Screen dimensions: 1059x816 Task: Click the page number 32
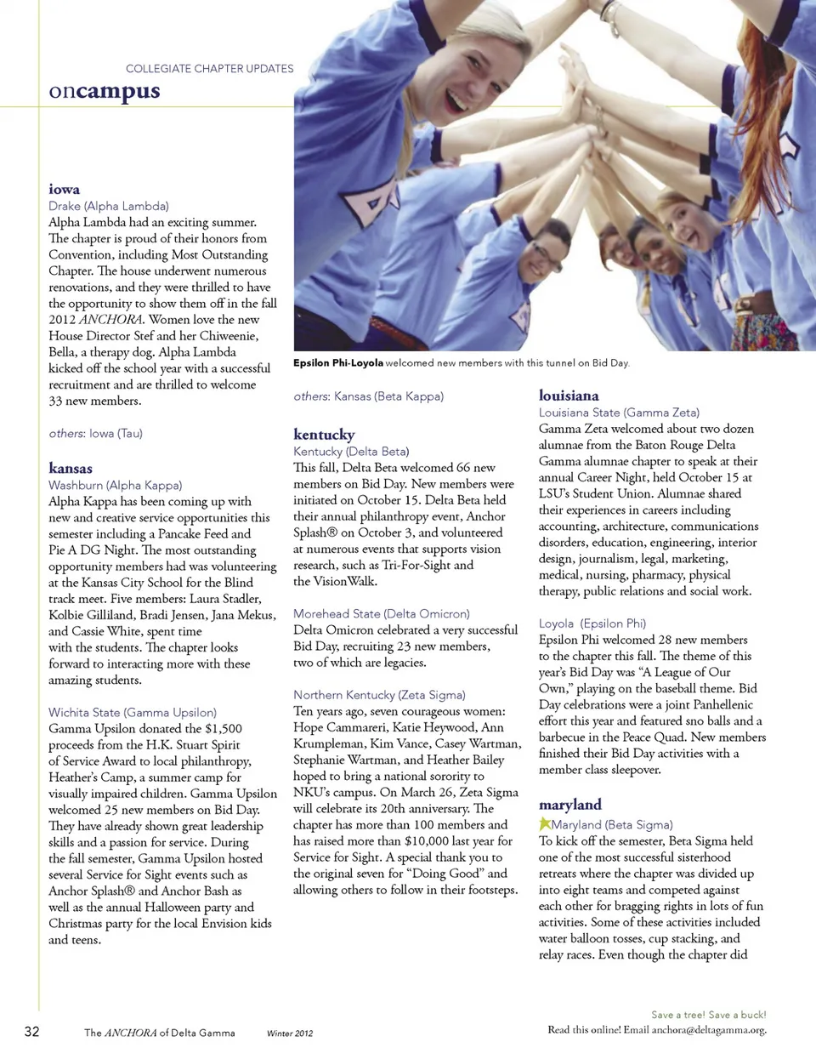31,1032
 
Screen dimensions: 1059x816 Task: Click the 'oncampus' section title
104,91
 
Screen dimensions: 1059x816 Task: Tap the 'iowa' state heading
64,189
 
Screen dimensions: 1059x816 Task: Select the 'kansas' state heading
71,468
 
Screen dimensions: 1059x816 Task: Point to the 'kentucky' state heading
324,434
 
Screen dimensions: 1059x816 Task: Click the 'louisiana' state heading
569,396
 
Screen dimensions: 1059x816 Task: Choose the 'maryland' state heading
569,805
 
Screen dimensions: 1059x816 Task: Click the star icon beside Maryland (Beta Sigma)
544,823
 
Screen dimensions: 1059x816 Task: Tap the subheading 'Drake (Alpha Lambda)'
109,206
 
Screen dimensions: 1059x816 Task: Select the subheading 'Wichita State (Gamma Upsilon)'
133,712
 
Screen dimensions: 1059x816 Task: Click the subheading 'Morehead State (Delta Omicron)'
381,613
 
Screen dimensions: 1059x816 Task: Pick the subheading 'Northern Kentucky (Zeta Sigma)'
379,695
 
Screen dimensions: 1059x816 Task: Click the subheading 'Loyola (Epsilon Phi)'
592,623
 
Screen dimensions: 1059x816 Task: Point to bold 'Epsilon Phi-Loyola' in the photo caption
337,363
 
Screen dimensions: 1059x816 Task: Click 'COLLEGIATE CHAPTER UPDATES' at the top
209,69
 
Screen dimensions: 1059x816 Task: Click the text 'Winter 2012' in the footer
290,1033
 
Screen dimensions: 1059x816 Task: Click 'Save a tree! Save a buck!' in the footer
708,1015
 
